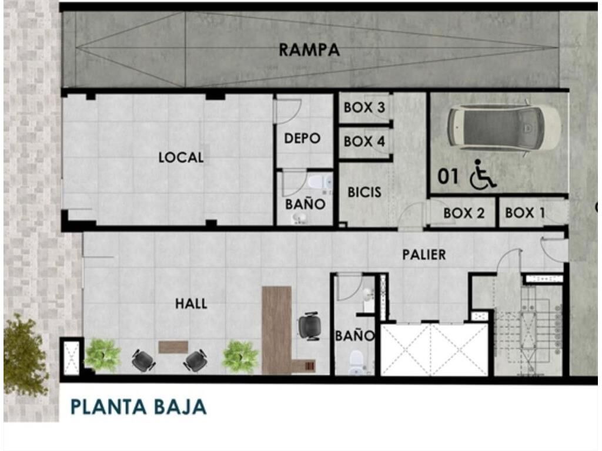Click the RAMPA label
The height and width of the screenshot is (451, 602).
click(x=309, y=50)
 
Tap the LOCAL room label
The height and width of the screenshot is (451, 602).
click(x=181, y=157)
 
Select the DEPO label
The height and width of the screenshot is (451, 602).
click(x=302, y=138)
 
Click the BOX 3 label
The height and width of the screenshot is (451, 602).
click(x=364, y=107)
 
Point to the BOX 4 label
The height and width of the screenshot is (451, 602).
click(x=364, y=142)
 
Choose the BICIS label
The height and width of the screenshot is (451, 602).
click(x=364, y=192)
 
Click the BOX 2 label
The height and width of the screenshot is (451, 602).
click(x=464, y=213)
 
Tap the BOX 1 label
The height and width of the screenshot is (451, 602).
click(x=525, y=213)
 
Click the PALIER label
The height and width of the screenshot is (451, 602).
click(x=424, y=255)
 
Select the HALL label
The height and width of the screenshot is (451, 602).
click(x=191, y=304)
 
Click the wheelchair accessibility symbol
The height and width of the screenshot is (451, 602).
click(x=482, y=174)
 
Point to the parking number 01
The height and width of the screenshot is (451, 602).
click(x=448, y=177)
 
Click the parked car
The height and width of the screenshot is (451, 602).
click(x=504, y=127)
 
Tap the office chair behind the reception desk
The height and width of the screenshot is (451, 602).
click(x=309, y=327)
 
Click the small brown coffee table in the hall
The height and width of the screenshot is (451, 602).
click(x=173, y=347)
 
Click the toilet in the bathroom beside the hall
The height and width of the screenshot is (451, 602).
click(x=356, y=361)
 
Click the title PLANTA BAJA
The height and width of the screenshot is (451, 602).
click(x=139, y=407)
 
